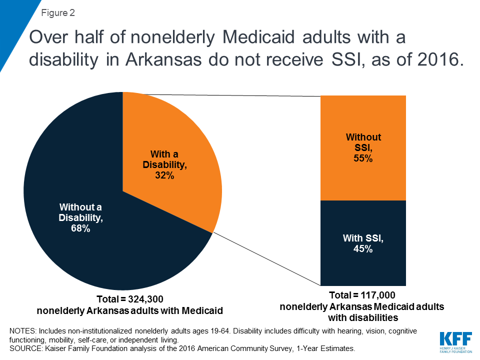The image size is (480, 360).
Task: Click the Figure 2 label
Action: click(x=58, y=13)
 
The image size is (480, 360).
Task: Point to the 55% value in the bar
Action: click(x=363, y=158)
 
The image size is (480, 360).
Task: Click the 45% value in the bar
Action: click(x=363, y=249)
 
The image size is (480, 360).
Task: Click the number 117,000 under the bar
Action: click(x=377, y=295)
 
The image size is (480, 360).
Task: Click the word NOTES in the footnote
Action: click(x=21, y=331)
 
